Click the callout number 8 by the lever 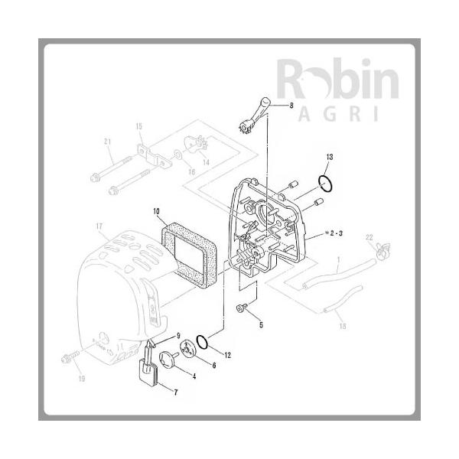coord(291,106)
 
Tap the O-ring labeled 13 coord(325,183)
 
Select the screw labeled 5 coord(240,308)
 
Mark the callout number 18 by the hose coord(342,326)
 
